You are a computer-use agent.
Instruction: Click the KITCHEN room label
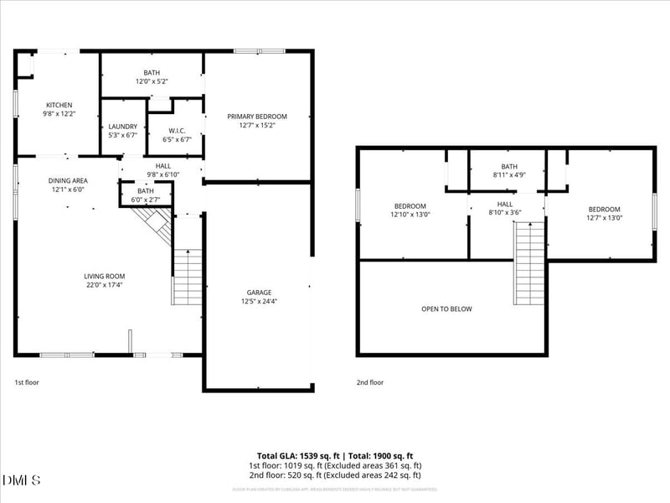pyautogui.click(x=59, y=105)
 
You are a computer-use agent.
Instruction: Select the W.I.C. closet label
pyautogui.click(x=176, y=130)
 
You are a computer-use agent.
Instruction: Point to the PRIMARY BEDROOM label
pyautogui.click(x=257, y=117)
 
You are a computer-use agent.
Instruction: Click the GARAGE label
pyautogui.click(x=259, y=293)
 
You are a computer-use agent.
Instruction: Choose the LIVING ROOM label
pyautogui.click(x=104, y=276)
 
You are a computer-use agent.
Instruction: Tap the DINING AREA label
pyautogui.click(x=68, y=180)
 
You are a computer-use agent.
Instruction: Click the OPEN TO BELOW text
pyautogui.click(x=446, y=309)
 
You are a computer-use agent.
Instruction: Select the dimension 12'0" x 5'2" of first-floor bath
pyautogui.click(x=152, y=81)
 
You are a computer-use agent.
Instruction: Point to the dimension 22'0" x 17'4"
pyautogui.click(x=104, y=285)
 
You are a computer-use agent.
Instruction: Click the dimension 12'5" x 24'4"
pyautogui.click(x=259, y=302)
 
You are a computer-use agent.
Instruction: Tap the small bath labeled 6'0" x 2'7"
pyautogui.click(x=146, y=195)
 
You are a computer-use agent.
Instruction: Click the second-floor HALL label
pyautogui.click(x=505, y=204)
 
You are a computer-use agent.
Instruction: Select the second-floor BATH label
pyautogui.click(x=509, y=166)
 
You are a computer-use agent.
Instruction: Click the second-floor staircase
pyautogui.click(x=529, y=264)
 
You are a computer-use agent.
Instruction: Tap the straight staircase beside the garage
pyautogui.click(x=188, y=277)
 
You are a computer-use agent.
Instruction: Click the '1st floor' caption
pyautogui.click(x=27, y=382)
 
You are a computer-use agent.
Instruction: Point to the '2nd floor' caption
pyautogui.click(x=370, y=382)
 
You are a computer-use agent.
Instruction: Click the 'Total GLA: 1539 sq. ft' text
pyautogui.click(x=303, y=454)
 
